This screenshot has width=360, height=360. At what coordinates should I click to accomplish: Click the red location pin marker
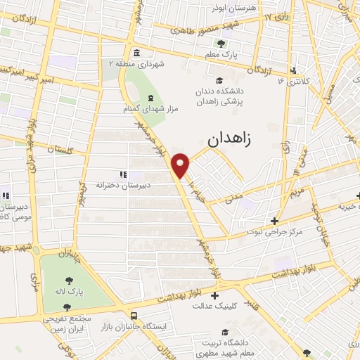[182, 165]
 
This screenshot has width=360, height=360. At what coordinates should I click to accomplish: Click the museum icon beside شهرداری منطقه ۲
[136, 53]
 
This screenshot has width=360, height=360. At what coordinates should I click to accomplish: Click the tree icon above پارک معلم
[222, 44]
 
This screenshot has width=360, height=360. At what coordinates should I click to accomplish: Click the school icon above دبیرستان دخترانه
[122, 174]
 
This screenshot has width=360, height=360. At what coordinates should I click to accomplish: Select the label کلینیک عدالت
[217, 307]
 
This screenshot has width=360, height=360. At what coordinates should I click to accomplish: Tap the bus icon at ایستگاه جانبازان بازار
[134, 316]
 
